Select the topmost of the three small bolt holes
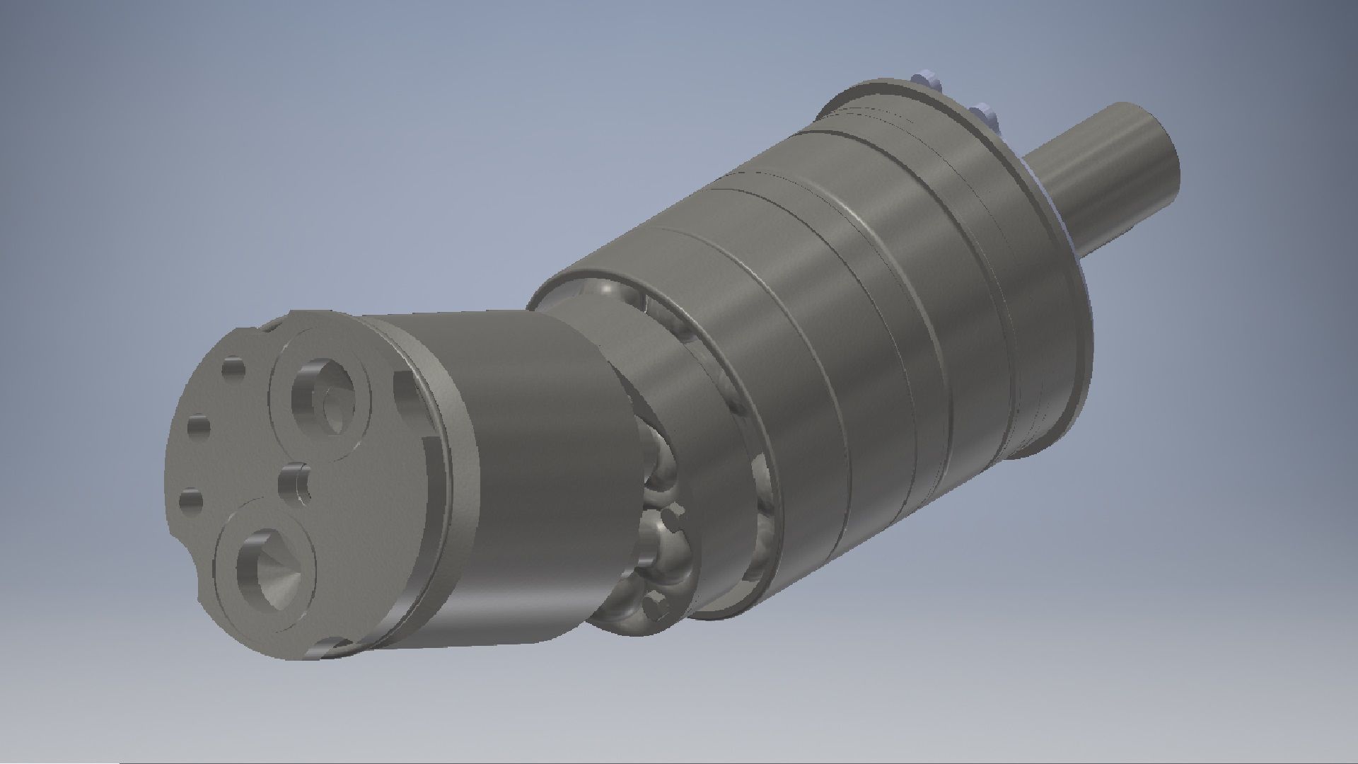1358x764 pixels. click(234, 369)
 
